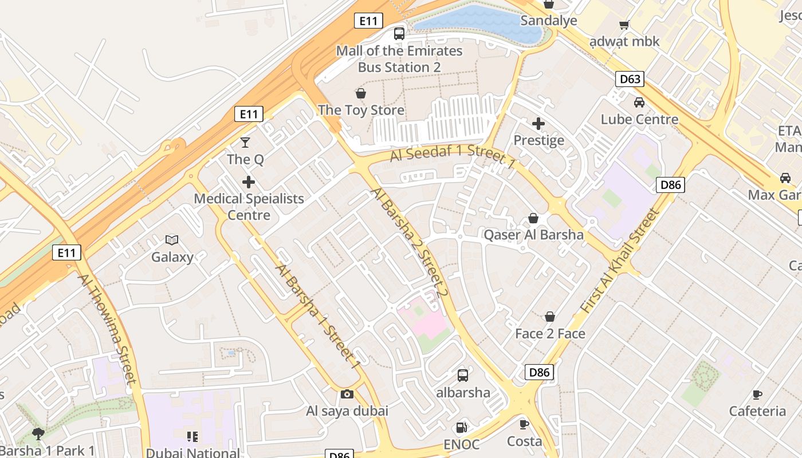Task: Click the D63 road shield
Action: [630, 79]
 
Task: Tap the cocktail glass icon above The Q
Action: [245, 142]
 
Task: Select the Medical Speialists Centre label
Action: [249, 207]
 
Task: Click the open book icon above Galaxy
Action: [172, 240]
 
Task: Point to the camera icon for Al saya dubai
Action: [347, 394]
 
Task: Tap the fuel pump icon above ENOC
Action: [461, 427]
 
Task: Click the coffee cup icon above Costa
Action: [524, 424]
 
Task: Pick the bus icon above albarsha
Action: [463, 376]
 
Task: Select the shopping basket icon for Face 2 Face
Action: [550, 317]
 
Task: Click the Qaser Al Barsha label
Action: [533, 235]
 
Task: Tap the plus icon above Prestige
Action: [538, 123]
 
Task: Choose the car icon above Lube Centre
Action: [639, 102]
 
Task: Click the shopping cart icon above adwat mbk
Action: [624, 25]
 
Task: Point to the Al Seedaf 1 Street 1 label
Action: [453, 156]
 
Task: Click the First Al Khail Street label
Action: [620, 261]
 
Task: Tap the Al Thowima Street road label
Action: [108, 329]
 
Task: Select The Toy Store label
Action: [361, 110]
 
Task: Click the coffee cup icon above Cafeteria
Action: [757, 394]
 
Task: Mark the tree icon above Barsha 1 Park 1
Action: [38, 433]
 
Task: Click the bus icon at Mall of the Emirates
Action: [399, 34]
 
